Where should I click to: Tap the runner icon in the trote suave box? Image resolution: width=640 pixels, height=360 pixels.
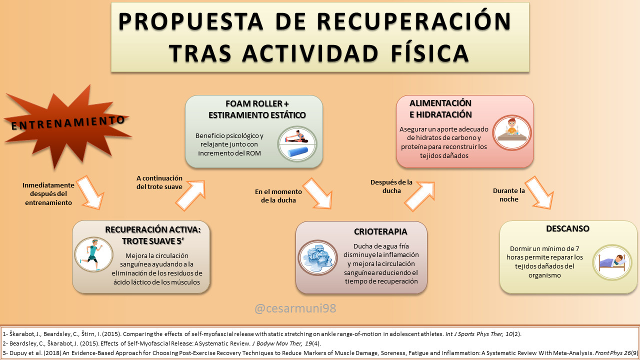coord(93,254)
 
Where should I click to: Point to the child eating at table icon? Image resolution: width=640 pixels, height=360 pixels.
coord(512,133)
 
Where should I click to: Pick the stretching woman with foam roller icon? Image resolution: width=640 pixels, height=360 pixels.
coord(297,143)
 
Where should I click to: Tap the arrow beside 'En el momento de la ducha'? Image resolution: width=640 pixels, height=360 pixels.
coord(317,192)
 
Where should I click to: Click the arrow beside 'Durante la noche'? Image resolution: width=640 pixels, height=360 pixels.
coord(538,192)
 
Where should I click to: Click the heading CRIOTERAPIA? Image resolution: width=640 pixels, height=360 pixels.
coord(380,232)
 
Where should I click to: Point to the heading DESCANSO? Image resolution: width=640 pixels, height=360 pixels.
coord(567,228)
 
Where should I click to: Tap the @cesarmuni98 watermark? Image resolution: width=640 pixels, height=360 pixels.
coord(295,308)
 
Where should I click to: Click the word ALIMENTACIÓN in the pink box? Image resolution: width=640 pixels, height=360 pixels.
coord(440,103)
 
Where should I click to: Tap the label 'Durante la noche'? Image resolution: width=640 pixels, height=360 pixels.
coord(509,194)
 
